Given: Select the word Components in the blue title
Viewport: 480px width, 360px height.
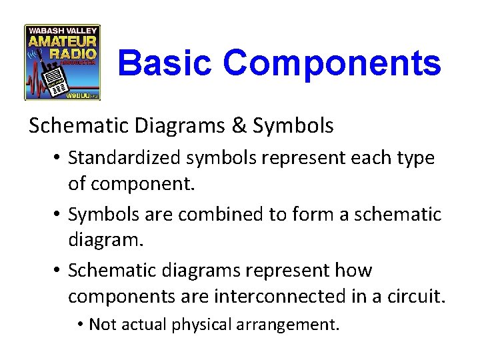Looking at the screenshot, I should (x=332, y=63).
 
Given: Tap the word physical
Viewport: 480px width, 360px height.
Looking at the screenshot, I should (x=199, y=325).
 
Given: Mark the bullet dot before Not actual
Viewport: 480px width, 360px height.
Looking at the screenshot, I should (x=79, y=325).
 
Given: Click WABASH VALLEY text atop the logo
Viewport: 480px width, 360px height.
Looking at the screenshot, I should (x=63, y=30).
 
